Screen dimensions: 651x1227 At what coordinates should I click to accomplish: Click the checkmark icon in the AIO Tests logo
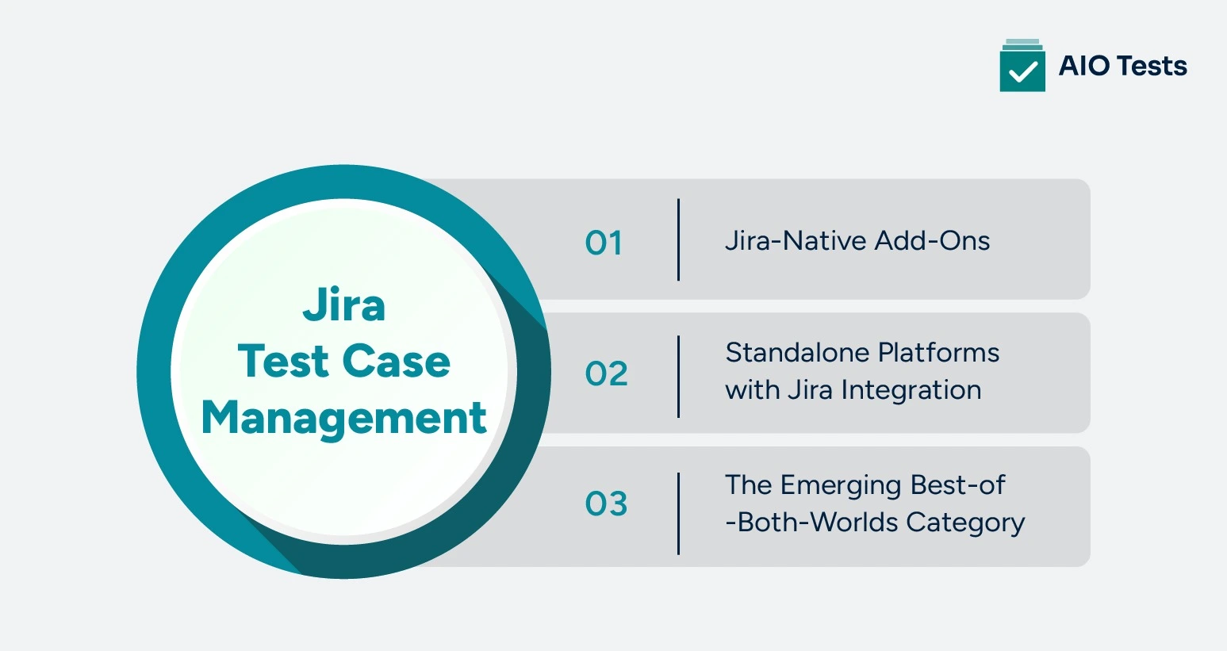click(1022, 71)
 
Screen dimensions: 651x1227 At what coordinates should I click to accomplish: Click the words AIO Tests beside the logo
click(1122, 66)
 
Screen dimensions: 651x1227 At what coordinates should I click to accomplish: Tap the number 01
click(604, 243)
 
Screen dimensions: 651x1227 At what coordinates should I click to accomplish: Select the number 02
click(606, 373)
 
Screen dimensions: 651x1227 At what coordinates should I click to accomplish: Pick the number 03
click(606, 504)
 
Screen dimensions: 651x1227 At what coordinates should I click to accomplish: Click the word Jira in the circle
click(344, 306)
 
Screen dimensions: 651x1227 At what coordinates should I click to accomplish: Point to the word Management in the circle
click(343, 418)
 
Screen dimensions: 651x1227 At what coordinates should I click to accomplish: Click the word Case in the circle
click(397, 362)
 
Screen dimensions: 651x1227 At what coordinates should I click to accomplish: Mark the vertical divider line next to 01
click(679, 239)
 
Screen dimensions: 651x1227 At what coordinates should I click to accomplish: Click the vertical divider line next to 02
click(679, 376)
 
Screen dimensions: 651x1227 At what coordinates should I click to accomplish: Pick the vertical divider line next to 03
click(679, 513)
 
